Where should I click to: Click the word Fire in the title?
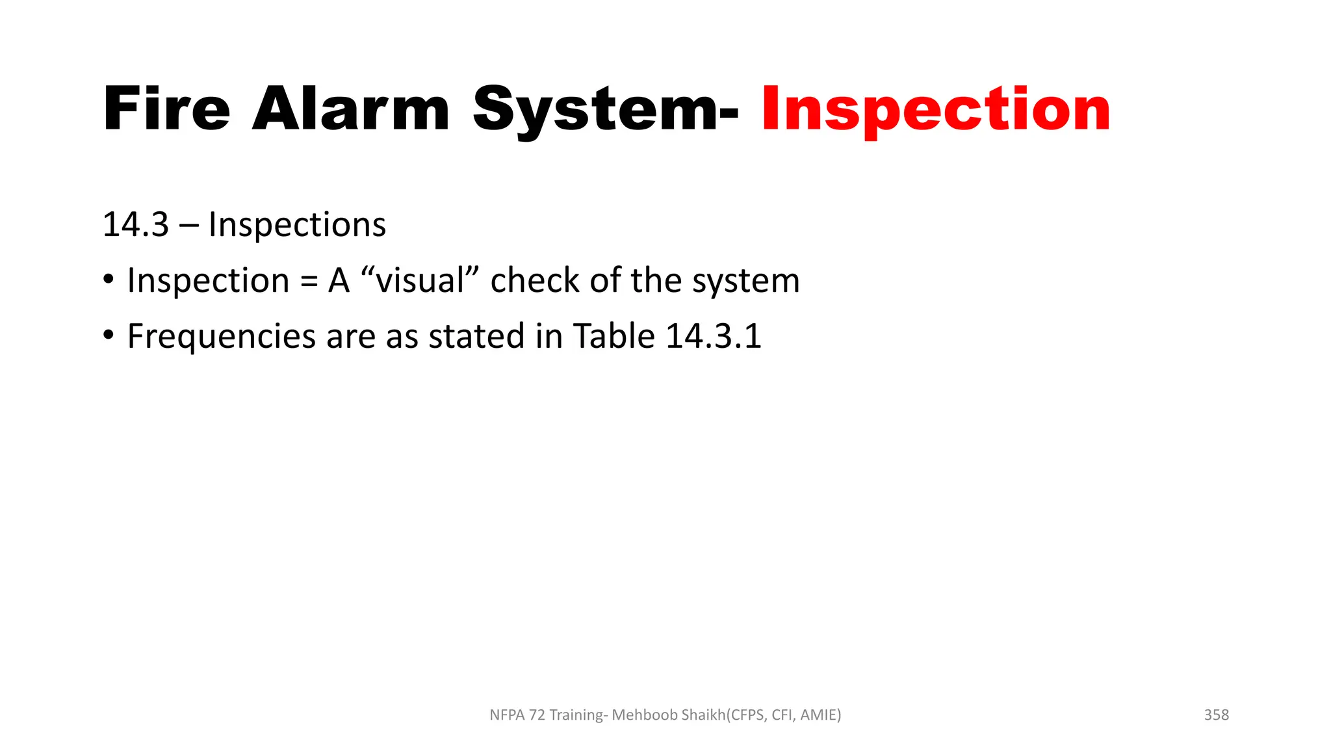click(x=166, y=109)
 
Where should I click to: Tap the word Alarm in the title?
click(x=350, y=109)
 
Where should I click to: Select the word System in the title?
click(x=595, y=109)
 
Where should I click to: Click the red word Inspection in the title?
click(x=936, y=109)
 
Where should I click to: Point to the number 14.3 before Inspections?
click(x=135, y=225)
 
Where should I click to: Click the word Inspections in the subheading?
click(x=297, y=225)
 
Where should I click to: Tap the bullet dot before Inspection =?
click(x=109, y=280)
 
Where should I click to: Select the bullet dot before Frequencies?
click(x=109, y=336)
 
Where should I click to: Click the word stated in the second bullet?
click(x=476, y=337)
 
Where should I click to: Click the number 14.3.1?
click(x=714, y=337)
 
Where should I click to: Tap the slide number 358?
click(x=1216, y=715)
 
